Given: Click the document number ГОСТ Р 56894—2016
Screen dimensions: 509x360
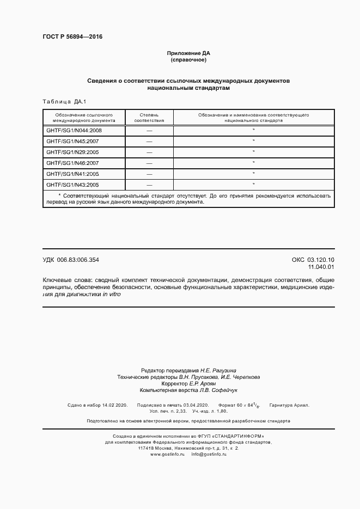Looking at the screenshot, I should pos(72,36).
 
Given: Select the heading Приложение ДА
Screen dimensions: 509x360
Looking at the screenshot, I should pos(188,53).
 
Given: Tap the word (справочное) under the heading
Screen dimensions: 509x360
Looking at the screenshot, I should pos(188,60).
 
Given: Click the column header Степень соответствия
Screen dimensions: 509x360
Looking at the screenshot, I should pos(149,118).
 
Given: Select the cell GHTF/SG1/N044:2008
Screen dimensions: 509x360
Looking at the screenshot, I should pos(74,131).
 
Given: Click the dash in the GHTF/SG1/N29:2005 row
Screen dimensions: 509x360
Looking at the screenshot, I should pos(149,152).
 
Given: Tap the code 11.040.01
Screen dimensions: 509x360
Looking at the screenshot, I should pos(321,267).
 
